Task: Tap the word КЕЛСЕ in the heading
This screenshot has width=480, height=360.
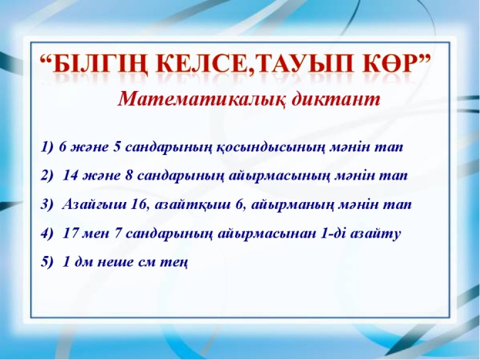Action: tap(201, 65)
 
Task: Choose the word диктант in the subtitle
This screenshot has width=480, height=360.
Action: tap(335, 99)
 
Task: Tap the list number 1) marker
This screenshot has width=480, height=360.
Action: tap(47, 147)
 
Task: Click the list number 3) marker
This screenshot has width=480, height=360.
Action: tap(47, 204)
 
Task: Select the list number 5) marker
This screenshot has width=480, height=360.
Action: tap(47, 262)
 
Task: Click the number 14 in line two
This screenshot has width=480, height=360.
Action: tap(70, 176)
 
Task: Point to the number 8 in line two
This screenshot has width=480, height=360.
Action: tap(129, 176)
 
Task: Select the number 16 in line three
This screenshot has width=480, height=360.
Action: tap(139, 204)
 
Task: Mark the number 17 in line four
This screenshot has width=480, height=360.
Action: tap(71, 234)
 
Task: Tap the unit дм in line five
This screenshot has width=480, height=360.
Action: tap(83, 263)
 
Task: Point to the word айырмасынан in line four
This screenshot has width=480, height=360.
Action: tap(267, 234)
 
